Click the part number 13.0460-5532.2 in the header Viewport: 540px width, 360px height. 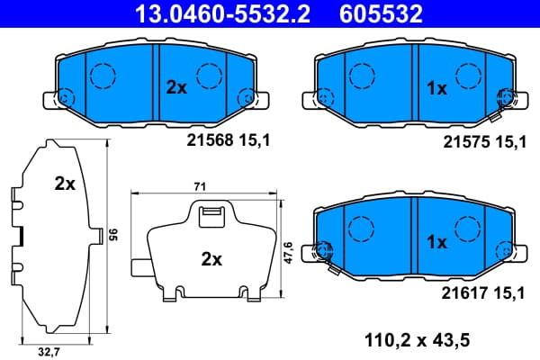coord(222,13)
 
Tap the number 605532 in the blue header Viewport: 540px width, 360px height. coord(381,13)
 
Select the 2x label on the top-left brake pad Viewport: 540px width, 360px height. coord(176,87)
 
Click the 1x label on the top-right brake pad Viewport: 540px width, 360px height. coord(436,88)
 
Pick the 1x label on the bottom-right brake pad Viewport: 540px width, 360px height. coord(436,242)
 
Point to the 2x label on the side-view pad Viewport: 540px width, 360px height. coord(65,184)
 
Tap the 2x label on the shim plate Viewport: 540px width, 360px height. coord(211,259)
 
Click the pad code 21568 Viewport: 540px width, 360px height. coord(210,140)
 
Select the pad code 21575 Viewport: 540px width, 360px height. coord(466,141)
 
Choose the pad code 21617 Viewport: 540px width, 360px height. coord(465,293)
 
